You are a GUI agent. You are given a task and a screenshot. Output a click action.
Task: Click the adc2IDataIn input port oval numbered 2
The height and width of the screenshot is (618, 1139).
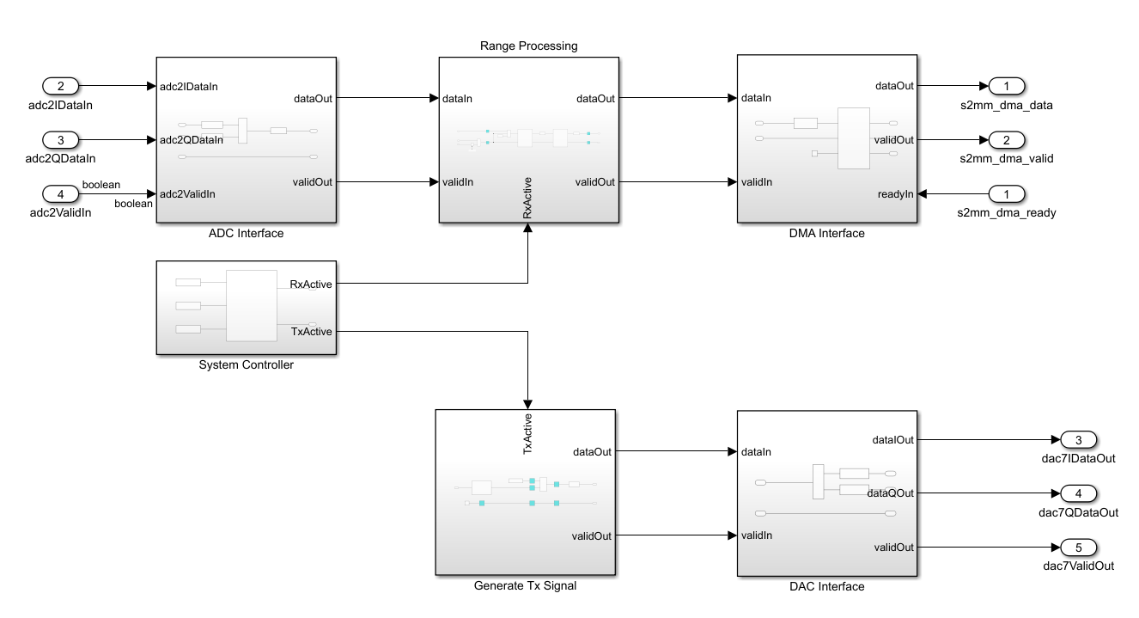pos(60,86)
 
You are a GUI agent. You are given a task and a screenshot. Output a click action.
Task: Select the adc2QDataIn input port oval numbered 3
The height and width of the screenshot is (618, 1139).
pos(60,140)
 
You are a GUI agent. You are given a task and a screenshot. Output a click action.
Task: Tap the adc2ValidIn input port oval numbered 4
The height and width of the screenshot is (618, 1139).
pos(60,193)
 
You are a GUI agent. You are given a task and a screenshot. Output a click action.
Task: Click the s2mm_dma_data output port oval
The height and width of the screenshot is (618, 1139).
pos(1006,86)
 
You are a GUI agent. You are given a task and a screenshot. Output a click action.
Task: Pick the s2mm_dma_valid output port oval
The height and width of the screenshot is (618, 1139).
pos(1006,140)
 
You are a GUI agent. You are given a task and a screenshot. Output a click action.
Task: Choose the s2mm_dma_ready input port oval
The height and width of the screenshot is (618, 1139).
pos(1006,193)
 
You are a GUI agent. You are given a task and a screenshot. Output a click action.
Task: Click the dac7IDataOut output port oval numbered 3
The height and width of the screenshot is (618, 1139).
pos(1079,439)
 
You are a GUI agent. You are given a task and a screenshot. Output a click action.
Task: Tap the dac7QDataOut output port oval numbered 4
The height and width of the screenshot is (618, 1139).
pos(1079,493)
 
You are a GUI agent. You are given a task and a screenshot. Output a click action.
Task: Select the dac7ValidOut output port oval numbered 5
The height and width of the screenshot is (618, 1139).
pos(1079,548)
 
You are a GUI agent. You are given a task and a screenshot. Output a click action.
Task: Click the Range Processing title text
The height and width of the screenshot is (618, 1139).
pos(529,46)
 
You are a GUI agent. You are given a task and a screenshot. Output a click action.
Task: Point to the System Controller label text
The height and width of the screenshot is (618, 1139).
pos(247,364)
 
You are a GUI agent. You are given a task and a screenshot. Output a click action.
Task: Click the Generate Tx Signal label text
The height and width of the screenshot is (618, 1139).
pos(525,585)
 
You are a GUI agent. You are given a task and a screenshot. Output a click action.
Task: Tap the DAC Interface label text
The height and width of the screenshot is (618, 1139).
pos(827,586)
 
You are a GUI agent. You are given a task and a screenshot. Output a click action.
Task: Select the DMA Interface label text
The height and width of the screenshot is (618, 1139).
pos(827,233)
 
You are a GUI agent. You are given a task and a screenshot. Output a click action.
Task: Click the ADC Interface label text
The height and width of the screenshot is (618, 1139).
pos(247,233)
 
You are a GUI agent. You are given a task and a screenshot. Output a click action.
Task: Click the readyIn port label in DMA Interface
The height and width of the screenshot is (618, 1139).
pos(895,194)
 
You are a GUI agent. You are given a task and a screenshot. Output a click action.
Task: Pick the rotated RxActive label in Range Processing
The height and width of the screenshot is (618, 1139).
pos(527,198)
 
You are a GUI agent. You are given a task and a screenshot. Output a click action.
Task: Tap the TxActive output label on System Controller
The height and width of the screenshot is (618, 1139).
pos(311,332)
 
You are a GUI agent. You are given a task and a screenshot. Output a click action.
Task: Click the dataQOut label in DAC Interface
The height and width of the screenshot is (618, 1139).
pos(891,493)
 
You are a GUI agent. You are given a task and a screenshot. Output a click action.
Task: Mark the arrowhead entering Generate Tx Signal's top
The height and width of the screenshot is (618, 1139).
pos(527,404)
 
